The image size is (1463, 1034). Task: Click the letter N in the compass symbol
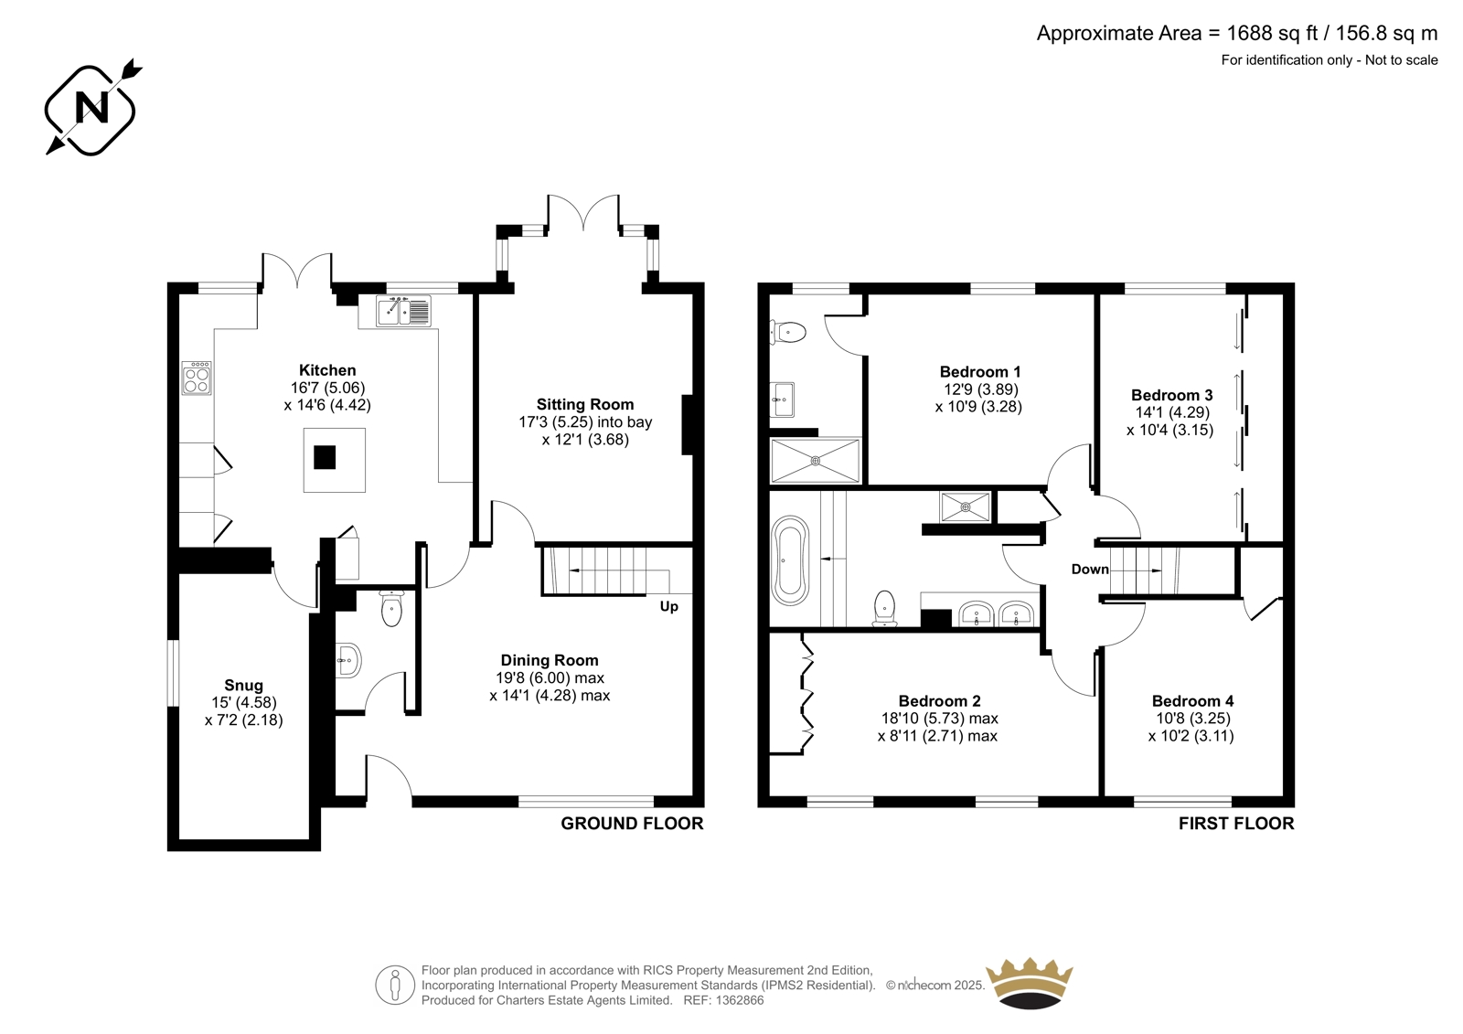(x=92, y=109)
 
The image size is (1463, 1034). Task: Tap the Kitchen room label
(x=327, y=369)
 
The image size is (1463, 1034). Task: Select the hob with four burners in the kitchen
(x=197, y=378)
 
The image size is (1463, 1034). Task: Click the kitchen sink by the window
(x=403, y=311)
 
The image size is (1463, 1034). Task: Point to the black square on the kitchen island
(x=325, y=457)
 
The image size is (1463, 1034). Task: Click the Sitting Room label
(x=585, y=404)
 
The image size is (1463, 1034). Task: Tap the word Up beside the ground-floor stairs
(x=668, y=607)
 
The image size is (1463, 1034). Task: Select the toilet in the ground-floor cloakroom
(x=391, y=608)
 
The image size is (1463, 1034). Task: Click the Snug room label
(x=243, y=685)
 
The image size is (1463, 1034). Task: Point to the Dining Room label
(x=550, y=660)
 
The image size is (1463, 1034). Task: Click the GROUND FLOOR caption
(x=632, y=824)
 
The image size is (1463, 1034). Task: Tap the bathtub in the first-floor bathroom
(x=790, y=560)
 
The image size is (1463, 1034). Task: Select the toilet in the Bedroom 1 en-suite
(x=788, y=332)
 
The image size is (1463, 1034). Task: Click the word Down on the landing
(x=1090, y=570)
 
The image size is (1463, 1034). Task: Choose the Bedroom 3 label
(x=1171, y=395)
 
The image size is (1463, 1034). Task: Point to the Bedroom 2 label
(x=939, y=701)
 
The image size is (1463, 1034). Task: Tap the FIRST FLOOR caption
(x=1236, y=824)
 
